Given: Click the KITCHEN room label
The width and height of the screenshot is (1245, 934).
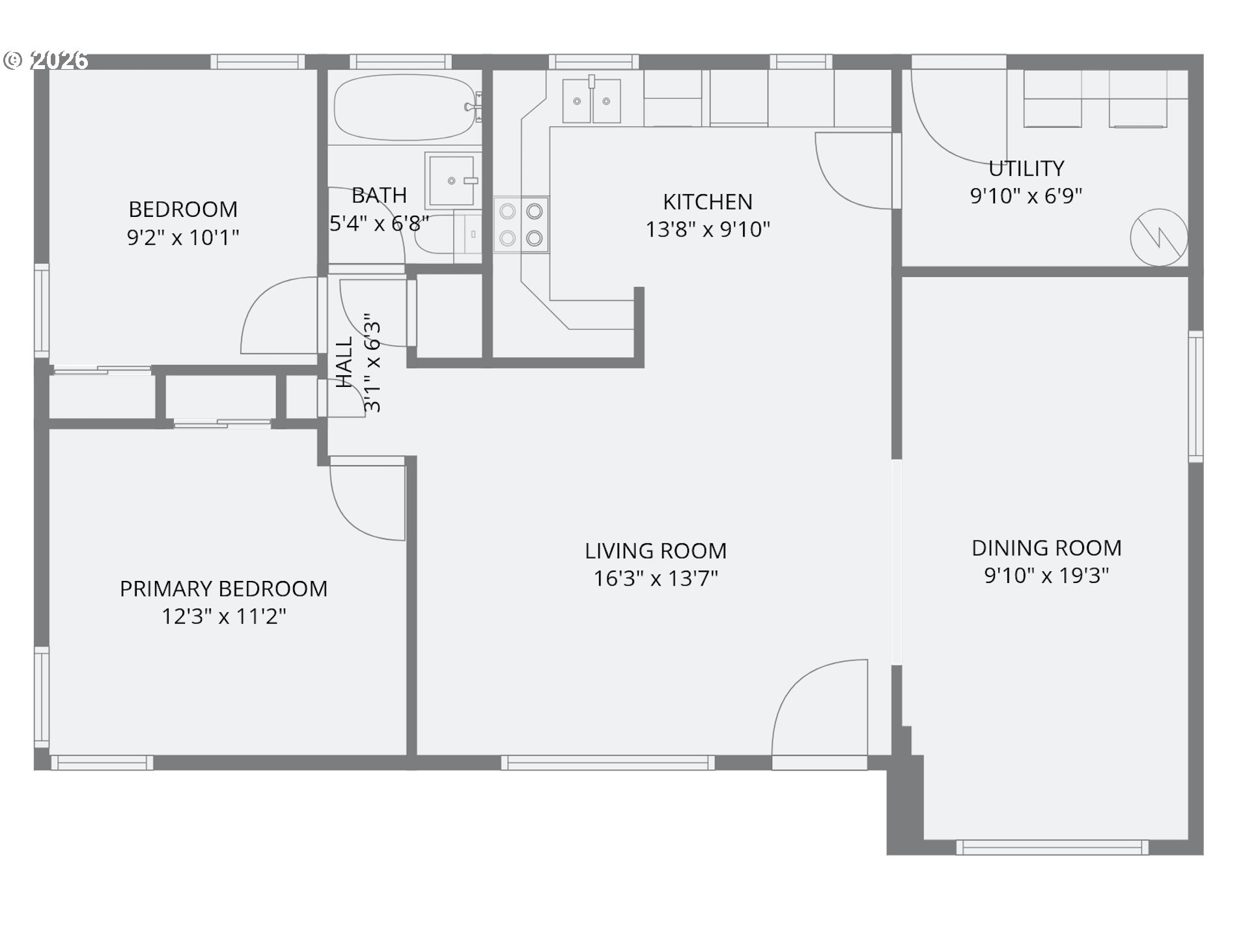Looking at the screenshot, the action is pos(707,202).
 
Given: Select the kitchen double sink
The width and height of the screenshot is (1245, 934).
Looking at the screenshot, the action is pos(591,101).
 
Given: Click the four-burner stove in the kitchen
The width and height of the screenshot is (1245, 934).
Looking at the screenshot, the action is pos(521,225).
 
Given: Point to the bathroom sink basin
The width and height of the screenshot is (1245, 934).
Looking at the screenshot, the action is pos(451,180).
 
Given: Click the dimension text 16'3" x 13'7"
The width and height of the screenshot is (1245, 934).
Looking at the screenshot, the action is pos(656,578).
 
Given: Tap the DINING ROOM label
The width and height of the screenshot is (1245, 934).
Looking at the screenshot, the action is pos(1046,548).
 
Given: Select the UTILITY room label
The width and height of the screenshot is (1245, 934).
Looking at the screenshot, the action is pos(1026,169).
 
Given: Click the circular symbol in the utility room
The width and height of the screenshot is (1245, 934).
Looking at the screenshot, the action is pos(1158,237).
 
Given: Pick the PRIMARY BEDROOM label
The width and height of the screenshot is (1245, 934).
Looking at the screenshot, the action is pos(223,589).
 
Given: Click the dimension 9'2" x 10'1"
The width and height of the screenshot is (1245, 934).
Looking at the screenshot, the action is pos(183,237).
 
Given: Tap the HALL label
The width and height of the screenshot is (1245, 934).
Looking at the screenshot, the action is pos(344,362).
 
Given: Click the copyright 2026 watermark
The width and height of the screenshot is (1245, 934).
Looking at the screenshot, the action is pos(46,60).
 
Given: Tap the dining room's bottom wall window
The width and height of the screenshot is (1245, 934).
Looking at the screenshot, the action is pos(1052,847).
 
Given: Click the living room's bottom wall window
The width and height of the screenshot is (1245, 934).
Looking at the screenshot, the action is pos(608,763).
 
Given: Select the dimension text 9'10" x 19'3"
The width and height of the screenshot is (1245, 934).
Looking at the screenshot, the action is pos(1046,576).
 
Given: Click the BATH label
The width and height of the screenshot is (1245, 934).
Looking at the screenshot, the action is pos(379,195).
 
